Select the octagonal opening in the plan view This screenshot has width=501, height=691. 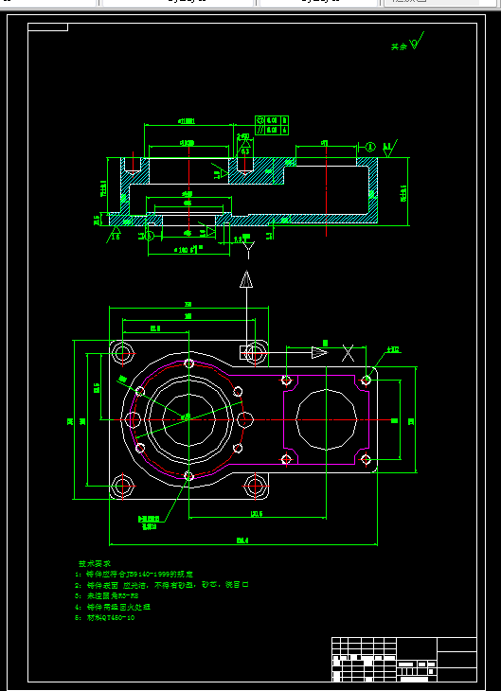(327, 419)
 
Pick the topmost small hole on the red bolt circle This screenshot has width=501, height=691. (189, 363)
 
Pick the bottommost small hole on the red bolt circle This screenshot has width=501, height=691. (189, 475)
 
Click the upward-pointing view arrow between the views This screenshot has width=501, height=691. (245, 279)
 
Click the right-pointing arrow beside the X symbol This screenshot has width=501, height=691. (317, 353)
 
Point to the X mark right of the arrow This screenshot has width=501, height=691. (349, 352)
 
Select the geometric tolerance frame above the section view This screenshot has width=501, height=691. (273, 125)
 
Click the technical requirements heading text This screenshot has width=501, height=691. (97, 562)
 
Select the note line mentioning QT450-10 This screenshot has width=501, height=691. (114, 616)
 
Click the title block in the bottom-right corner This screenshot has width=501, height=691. (403, 659)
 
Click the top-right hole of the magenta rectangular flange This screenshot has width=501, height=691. (366, 380)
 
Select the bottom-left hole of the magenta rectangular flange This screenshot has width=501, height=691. (287, 459)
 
